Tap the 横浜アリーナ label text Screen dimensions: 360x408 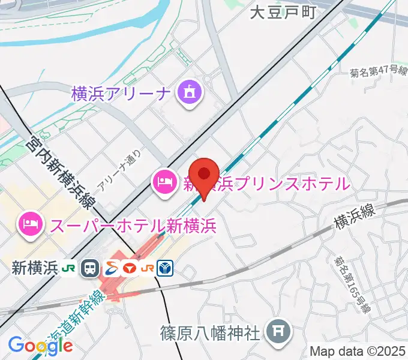(x=122, y=94)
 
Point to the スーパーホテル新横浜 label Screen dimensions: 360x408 (x=133, y=226)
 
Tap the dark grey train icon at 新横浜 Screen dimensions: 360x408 (x=91, y=268)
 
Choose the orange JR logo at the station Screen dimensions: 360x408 (x=147, y=268)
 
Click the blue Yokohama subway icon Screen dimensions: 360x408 (x=165, y=268)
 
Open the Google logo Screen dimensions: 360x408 (x=40, y=346)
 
